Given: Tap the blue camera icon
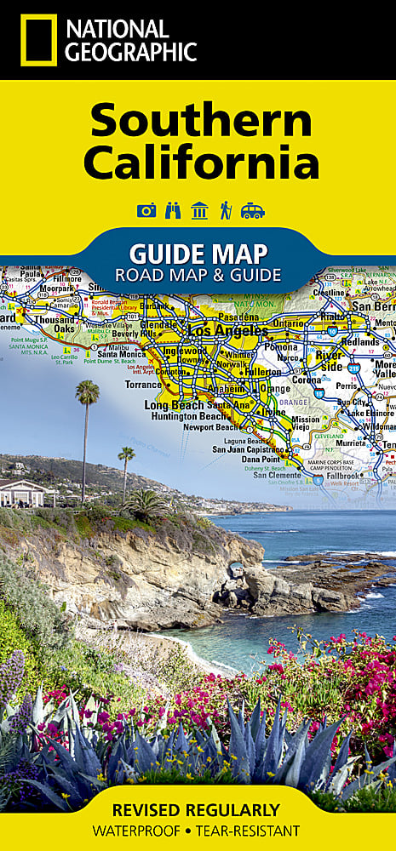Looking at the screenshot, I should pyautogui.click(x=146, y=210).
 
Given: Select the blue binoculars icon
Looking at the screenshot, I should pyautogui.click(x=173, y=210).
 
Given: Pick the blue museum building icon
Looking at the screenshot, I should pyautogui.click(x=199, y=210).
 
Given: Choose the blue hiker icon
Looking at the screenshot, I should pyautogui.click(x=226, y=210).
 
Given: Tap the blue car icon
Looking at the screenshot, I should pyautogui.click(x=252, y=210).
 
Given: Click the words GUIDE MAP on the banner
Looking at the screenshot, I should pyautogui.click(x=198, y=253).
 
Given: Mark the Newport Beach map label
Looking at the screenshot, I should pyautogui.click(x=211, y=427).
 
